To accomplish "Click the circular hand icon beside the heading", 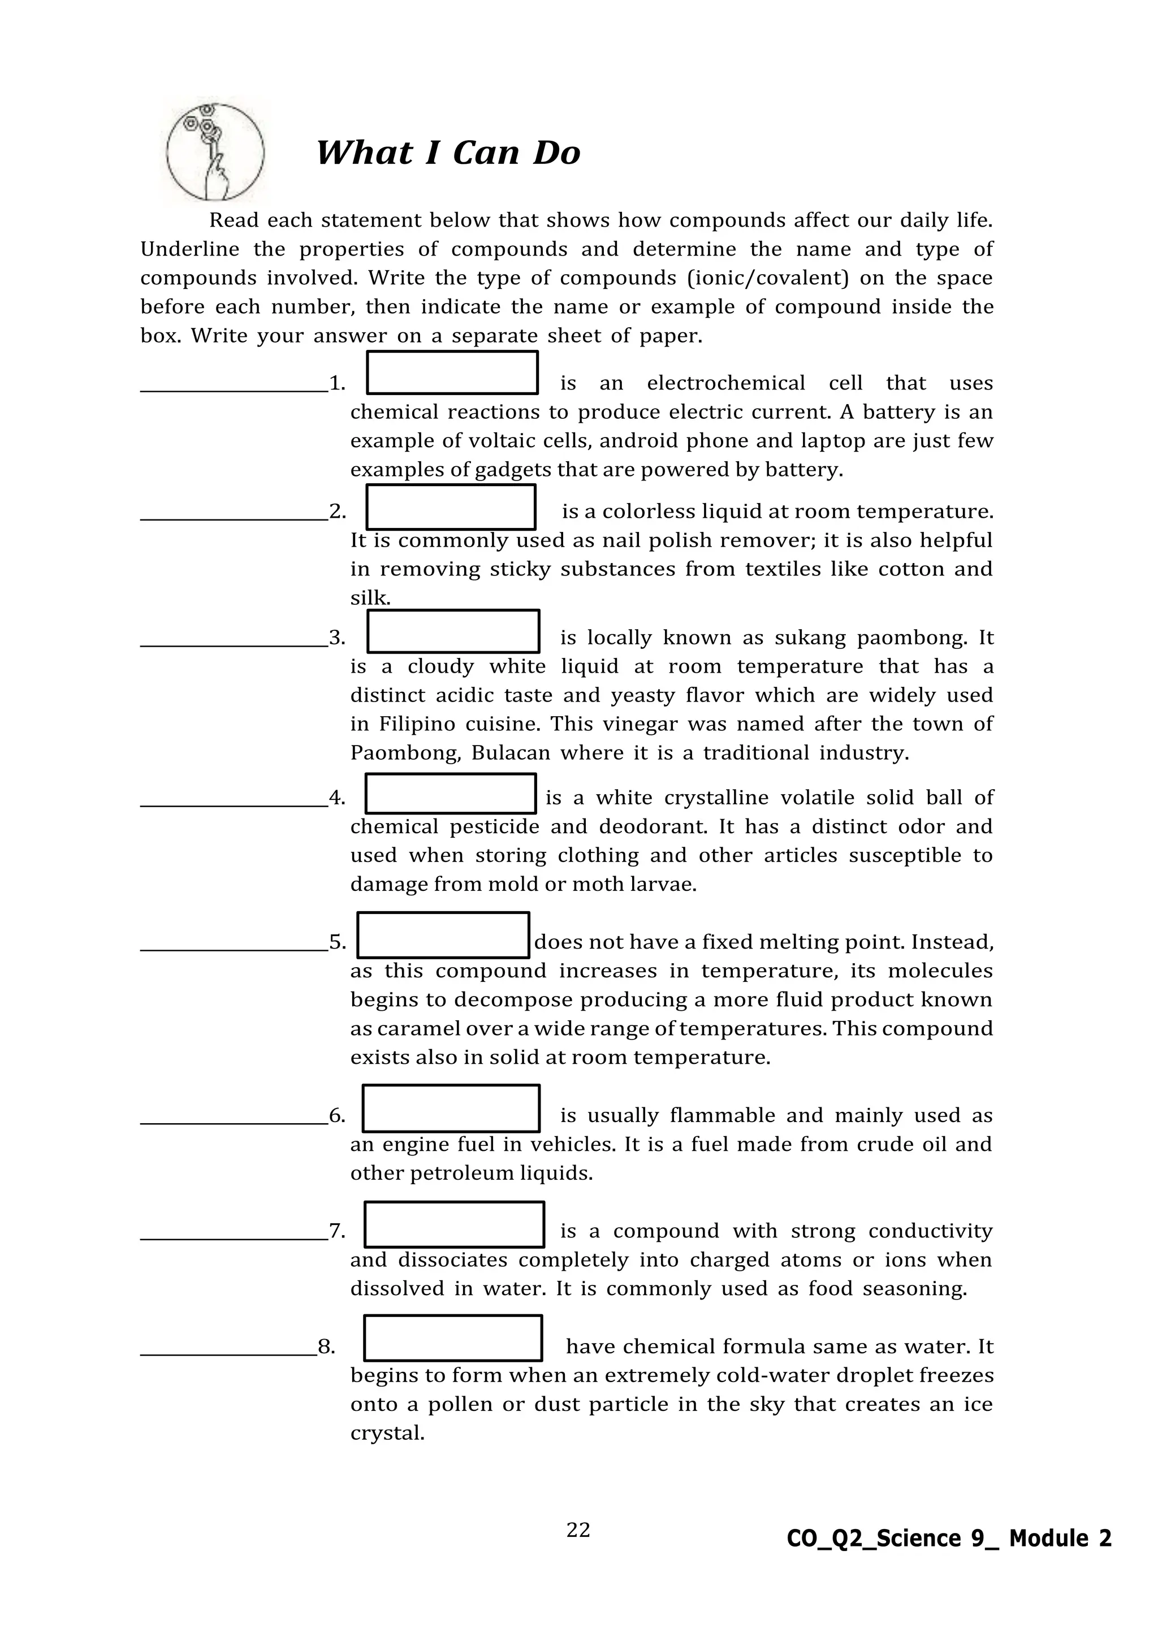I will point(215,153).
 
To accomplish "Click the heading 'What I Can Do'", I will point(448,153).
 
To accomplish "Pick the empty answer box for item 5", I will point(443,935).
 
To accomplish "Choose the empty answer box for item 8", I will point(453,1339).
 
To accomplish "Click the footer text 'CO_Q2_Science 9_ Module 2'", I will point(948,1539).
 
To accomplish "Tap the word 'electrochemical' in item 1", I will point(725,384).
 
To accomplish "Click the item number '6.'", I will point(336,1116).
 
